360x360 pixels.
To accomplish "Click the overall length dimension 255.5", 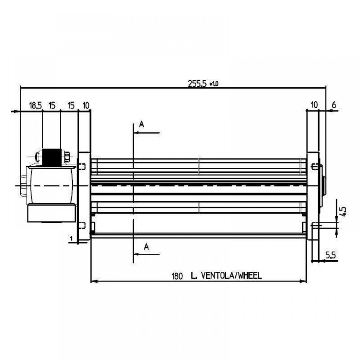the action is pyautogui.click(x=197, y=84).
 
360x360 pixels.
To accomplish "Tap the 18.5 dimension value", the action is pyautogui.click(x=35, y=106).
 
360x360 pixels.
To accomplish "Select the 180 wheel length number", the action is pyautogui.click(x=177, y=276).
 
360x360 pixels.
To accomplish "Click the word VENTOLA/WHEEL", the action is pyautogui.click(x=231, y=275).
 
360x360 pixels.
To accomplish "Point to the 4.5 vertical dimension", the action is pyautogui.click(x=343, y=211).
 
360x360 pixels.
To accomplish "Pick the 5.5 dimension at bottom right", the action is pyautogui.click(x=330, y=255).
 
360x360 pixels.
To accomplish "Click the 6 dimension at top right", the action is pyautogui.click(x=334, y=105).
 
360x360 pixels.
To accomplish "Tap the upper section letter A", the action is pyautogui.click(x=141, y=124).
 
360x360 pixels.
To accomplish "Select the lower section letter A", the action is pyautogui.click(x=146, y=247).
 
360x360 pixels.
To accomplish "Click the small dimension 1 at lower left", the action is pyautogui.click(x=71, y=239).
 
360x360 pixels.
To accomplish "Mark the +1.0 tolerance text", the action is pyautogui.click(x=214, y=84).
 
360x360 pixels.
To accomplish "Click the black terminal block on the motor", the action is pyautogui.click(x=51, y=158).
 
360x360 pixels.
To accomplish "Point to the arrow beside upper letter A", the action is pyautogui.click(x=147, y=133).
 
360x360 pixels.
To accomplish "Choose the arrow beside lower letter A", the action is pyautogui.click(x=147, y=254).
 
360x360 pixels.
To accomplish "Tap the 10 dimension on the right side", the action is pyautogui.click(x=314, y=105).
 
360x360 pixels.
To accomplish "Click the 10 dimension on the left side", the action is pyautogui.click(x=86, y=106).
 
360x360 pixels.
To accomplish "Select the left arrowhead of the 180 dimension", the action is pyautogui.click(x=94, y=281).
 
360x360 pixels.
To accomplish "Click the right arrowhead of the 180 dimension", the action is pyautogui.click(x=303, y=281).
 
